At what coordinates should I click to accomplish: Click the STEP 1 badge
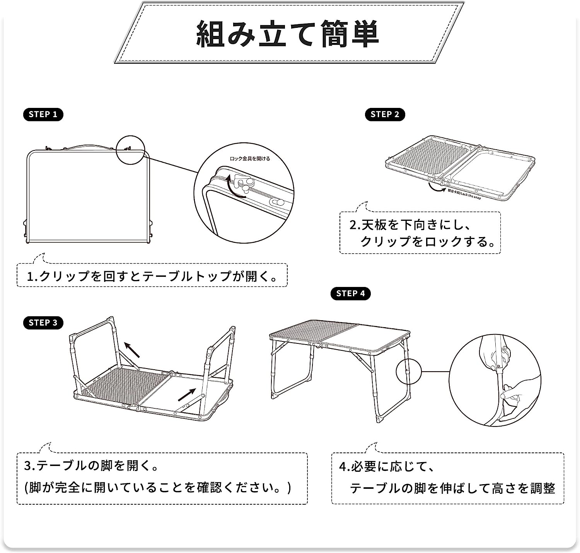pyautogui.click(x=43, y=114)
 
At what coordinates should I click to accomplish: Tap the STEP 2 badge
pyautogui.click(x=385, y=114)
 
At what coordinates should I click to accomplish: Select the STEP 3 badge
pyautogui.click(x=43, y=323)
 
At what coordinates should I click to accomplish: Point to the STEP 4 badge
pyautogui.click(x=350, y=294)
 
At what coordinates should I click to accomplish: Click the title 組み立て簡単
pyautogui.click(x=288, y=34)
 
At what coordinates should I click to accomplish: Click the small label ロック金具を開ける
pyautogui.click(x=250, y=159)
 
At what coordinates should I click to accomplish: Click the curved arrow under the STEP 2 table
pyautogui.click(x=437, y=188)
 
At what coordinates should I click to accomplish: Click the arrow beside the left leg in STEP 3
pyautogui.click(x=132, y=350)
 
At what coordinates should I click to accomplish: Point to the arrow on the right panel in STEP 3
pyautogui.click(x=187, y=395)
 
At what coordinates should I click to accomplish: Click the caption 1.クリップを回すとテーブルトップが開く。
pyautogui.click(x=152, y=276)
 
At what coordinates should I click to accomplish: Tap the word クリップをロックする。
pyautogui.click(x=428, y=242)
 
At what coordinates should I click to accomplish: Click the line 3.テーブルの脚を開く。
pyautogui.click(x=91, y=465)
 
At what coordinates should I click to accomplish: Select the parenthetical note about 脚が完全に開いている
pyautogui.click(x=158, y=487)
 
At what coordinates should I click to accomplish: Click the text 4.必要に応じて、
pyautogui.click(x=387, y=466)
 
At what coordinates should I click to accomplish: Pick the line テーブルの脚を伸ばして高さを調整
pyautogui.click(x=452, y=488)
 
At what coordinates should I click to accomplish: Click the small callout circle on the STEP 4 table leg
pyautogui.click(x=408, y=372)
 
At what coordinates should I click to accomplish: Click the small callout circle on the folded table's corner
pyautogui.click(x=130, y=150)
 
